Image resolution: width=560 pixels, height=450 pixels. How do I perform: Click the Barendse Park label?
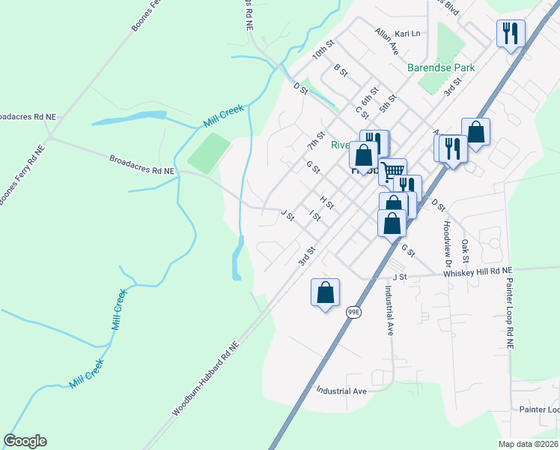tap(441, 67)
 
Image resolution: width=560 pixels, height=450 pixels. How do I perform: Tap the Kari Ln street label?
tap(407, 34)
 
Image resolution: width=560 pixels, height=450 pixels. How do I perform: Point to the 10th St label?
tap(323, 53)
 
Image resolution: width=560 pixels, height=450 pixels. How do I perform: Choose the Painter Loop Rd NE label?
tap(509, 314)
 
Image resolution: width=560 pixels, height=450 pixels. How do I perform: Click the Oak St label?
tap(465, 250)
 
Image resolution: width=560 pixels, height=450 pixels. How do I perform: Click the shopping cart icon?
tap(392, 171)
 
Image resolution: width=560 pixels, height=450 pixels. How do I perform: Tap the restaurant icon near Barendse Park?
tap(510, 33)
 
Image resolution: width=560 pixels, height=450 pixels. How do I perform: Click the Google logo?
tap(25, 441)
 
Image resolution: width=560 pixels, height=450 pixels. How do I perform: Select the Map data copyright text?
tap(529, 444)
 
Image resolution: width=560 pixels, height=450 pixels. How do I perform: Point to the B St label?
tap(341, 70)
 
